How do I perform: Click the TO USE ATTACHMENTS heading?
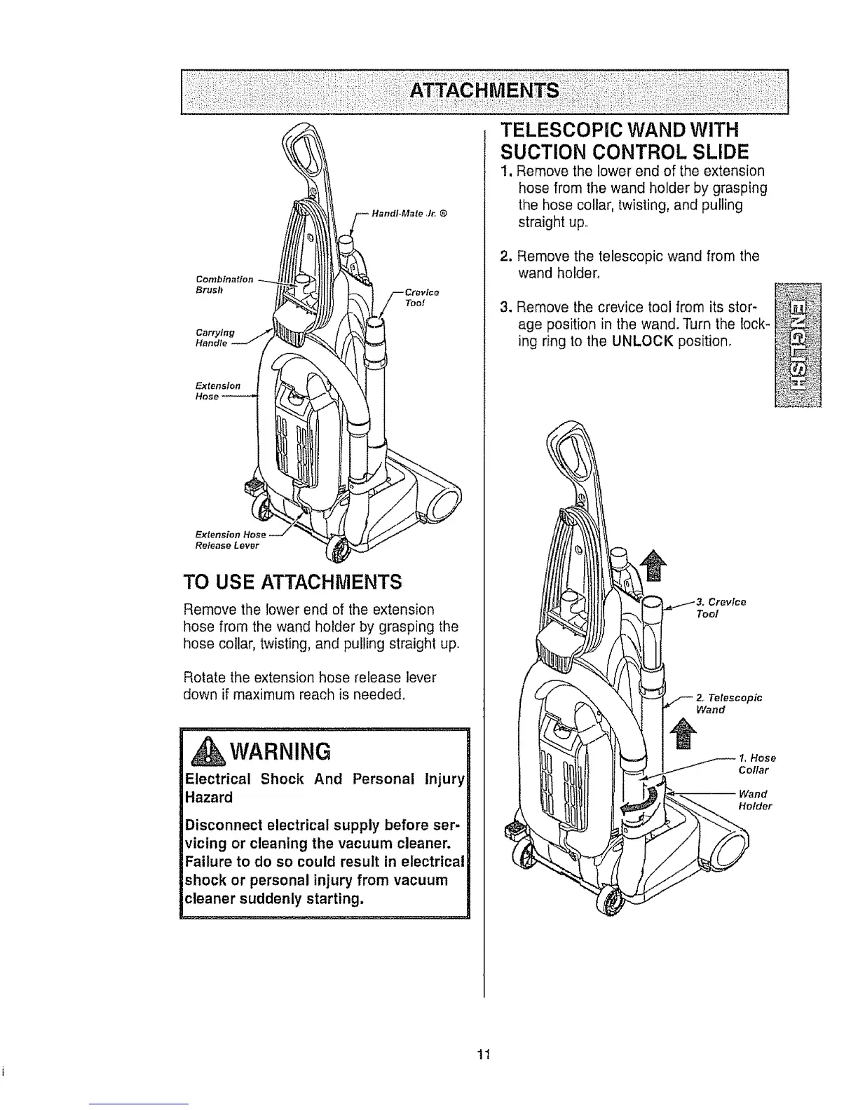click(x=292, y=582)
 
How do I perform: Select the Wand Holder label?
click(x=754, y=800)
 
